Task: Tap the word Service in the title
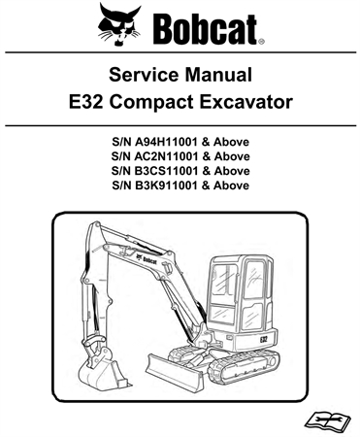143,75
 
